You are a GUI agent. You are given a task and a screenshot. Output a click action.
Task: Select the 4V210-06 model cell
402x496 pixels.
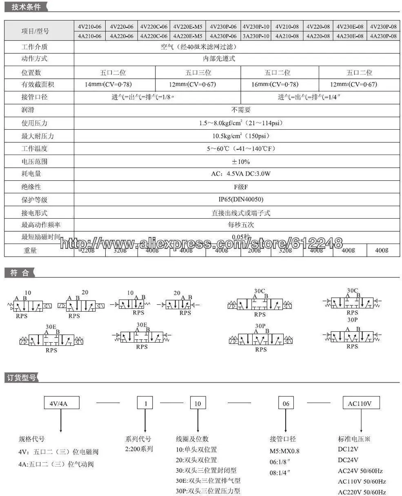coord(89,27)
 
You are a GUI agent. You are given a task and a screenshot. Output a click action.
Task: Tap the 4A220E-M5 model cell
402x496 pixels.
coord(187,36)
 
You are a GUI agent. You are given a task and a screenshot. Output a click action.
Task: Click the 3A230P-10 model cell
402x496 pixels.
coord(256,36)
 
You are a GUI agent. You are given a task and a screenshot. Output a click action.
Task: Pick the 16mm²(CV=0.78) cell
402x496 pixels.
coord(280,84)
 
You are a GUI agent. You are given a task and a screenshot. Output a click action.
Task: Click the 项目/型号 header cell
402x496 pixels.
coord(35,31)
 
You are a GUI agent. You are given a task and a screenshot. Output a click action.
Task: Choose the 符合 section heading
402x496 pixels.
coord(20,273)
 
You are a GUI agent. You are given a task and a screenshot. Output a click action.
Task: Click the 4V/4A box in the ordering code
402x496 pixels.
coord(61,403)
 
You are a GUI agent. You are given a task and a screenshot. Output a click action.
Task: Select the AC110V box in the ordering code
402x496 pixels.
coord(361,403)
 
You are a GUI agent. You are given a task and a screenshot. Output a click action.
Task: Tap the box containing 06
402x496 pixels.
coord(286,403)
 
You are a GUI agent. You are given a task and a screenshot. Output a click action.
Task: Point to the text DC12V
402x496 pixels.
coord(348,449)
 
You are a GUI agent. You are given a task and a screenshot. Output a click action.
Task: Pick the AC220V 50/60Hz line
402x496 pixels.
coord(362,492)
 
